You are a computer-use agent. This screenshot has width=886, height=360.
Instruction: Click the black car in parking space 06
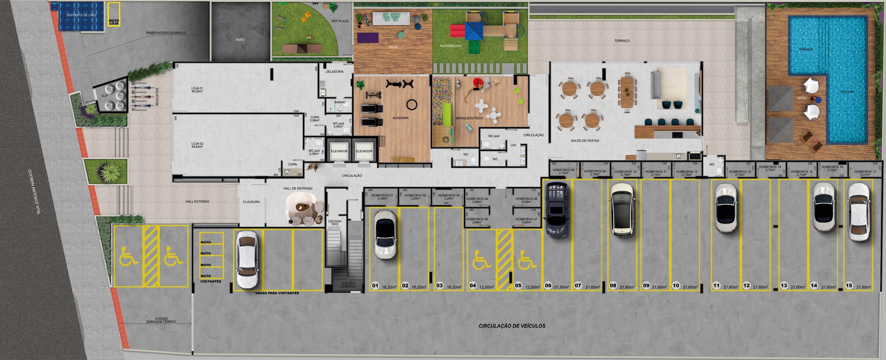[x=557, y=210]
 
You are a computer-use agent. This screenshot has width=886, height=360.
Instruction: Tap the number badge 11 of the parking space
[x=717, y=285]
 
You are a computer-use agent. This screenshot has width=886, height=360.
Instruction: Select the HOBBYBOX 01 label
[x=382, y=196]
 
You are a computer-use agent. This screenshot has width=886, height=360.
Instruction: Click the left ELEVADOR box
[x=339, y=151]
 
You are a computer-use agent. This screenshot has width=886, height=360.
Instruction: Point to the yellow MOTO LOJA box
[x=114, y=15]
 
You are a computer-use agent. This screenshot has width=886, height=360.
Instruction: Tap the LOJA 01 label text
[x=197, y=89]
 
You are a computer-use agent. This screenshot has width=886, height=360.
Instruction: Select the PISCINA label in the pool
[x=847, y=92]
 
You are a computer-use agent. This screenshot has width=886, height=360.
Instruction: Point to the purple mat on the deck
[x=368, y=38]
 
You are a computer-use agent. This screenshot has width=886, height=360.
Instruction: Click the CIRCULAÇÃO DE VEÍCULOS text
[x=512, y=326]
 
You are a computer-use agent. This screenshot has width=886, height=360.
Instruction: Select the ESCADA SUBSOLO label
[x=349, y=285]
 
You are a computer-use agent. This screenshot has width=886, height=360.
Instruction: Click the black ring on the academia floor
[x=412, y=105]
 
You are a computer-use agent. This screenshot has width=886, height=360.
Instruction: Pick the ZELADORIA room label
[x=335, y=72]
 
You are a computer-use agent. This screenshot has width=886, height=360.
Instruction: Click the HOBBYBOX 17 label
[x=865, y=171]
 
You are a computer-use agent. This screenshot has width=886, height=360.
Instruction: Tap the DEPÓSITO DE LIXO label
[x=81, y=15]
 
